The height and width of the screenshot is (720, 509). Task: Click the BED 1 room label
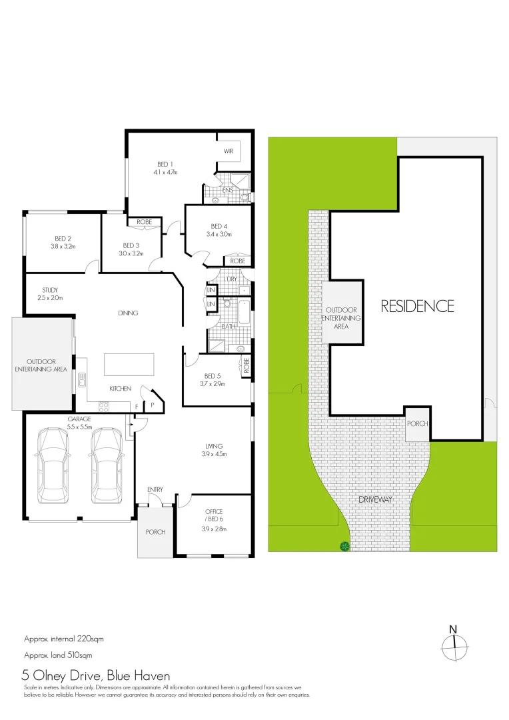165,164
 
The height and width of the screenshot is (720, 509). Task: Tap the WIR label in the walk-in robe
228,151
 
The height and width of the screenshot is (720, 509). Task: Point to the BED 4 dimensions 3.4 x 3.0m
220,234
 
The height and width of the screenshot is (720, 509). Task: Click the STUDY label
49,290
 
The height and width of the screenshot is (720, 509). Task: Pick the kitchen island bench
129,365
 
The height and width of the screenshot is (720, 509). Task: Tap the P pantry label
152,404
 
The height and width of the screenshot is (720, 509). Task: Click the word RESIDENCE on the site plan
417,306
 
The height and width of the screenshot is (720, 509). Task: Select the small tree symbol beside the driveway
344,547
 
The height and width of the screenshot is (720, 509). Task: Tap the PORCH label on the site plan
417,423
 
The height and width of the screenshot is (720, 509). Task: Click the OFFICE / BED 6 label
214,515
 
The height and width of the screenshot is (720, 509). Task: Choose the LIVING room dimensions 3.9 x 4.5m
214,454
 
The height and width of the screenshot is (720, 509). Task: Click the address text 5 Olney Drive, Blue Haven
97,675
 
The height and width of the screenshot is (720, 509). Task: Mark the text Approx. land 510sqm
58,655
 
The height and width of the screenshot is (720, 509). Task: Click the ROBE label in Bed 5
246,365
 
